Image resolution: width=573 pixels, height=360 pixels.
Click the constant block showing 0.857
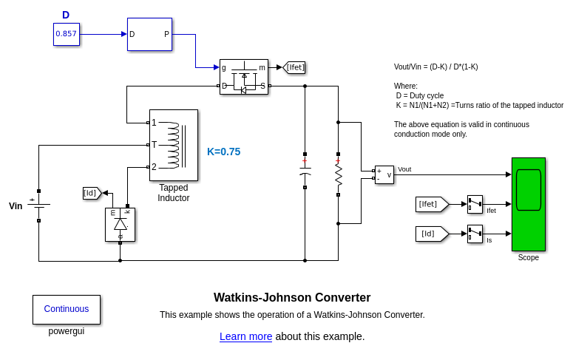pyautogui.click(x=67, y=34)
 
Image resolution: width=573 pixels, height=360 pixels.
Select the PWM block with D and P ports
pyautogui.click(x=149, y=34)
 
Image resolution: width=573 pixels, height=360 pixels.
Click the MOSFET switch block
pyautogui.click(x=244, y=77)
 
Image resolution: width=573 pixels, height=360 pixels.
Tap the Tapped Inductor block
pyautogui.click(x=174, y=145)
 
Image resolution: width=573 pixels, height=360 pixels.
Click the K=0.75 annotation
pyautogui.click(x=223, y=152)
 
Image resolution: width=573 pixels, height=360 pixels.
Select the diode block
pyautogui.click(x=120, y=224)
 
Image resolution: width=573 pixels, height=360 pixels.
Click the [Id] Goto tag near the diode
pyautogui.click(x=91, y=193)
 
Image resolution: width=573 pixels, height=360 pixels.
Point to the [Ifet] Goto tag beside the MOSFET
pyautogui.click(x=294, y=67)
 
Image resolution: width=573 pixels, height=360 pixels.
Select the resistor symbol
pyautogui.click(x=339, y=174)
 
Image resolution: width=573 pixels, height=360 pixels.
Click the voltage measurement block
pyautogui.click(x=384, y=174)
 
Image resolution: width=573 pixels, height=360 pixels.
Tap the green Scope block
pyautogui.click(x=529, y=204)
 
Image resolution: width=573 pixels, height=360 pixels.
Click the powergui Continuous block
pyautogui.click(x=67, y=310)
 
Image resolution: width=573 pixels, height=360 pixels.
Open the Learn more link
pyautogui.click(x=245, y=336)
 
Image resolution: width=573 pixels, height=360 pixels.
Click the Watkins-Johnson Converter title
pyautogui.click(x=292, y=298)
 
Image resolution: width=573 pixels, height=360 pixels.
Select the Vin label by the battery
pyautogui.click(x=16, y=206)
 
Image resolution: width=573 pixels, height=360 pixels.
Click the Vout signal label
pyautogui.click(x=404, y=169)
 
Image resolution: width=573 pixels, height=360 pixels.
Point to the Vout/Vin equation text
pyautogui.click(x=436, y=67)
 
